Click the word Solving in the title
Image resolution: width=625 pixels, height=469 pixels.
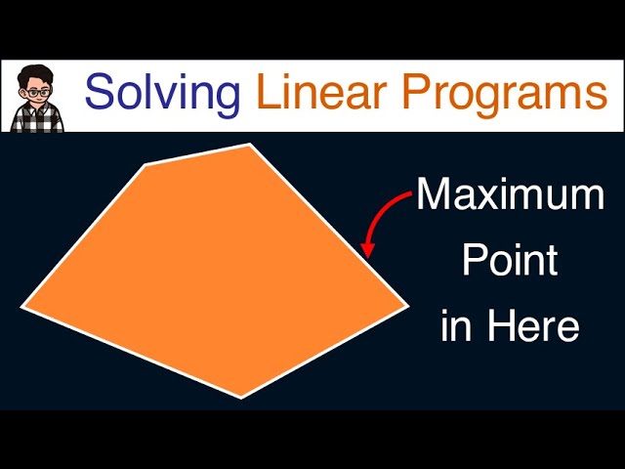tap(161, 93)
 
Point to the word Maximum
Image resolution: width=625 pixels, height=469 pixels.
tap(511, 196)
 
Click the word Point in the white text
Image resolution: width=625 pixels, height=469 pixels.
tap(510, 261)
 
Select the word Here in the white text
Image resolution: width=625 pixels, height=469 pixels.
tap(534, 325)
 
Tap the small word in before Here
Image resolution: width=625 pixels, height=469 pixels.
tap(456, 325)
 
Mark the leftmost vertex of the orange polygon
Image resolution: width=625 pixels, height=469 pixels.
tap(22, 307)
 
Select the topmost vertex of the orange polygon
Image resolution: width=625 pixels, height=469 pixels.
tap(251, 145)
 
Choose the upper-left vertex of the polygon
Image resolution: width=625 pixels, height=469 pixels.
tap(146, 165)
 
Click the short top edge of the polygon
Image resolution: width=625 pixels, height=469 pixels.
tap(198, 154)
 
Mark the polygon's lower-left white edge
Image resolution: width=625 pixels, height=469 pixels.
tap(132, 352)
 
